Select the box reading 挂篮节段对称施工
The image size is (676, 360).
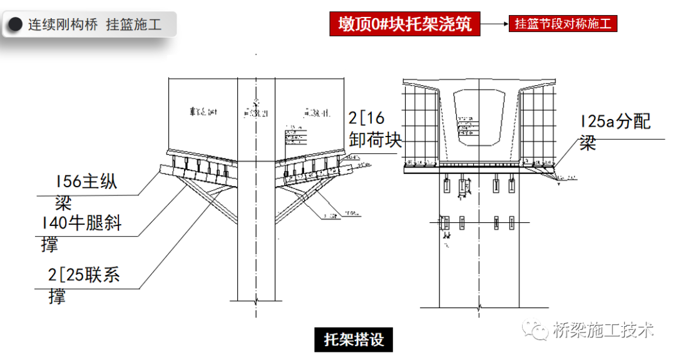[562, 24]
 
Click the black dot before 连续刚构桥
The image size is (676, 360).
[14, 25]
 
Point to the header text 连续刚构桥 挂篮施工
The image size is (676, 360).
[94, 25]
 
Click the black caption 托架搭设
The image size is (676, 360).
[353, 339]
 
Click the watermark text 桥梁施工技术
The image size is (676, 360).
[603, 330]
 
